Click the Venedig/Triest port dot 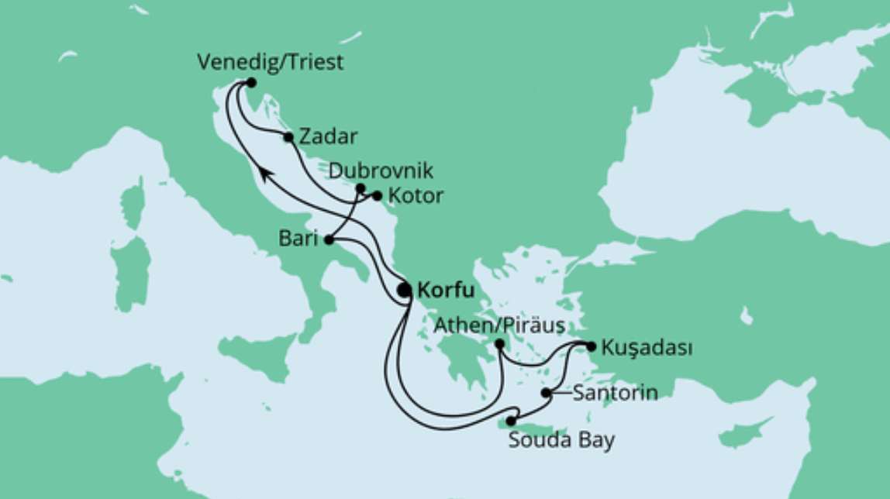(x=250, y=82)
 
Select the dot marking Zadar (x=288, y=137)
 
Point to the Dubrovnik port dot (x=360, y=188)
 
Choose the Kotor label (x=418, y=195)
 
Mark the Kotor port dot (x=377, y=195)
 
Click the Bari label (x=297, y=239)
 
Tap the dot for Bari (x=329, y=240)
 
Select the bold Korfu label (x=444, y=291)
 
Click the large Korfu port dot (x=404, y=291)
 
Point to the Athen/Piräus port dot (x=500, y=344)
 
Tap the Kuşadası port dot (x=591, y=346)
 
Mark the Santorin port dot (x=547, y=393)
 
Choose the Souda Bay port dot (x=510, y=421)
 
